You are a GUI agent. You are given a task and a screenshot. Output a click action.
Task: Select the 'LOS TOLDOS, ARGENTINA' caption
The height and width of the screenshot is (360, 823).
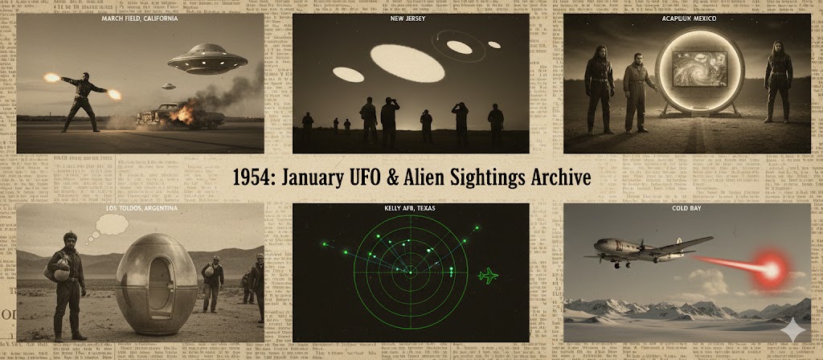click(140, 208)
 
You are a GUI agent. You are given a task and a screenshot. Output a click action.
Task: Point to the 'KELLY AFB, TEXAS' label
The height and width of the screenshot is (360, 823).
click(411, 208)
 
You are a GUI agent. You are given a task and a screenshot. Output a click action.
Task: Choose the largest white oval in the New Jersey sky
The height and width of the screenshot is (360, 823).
click(403, 61)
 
